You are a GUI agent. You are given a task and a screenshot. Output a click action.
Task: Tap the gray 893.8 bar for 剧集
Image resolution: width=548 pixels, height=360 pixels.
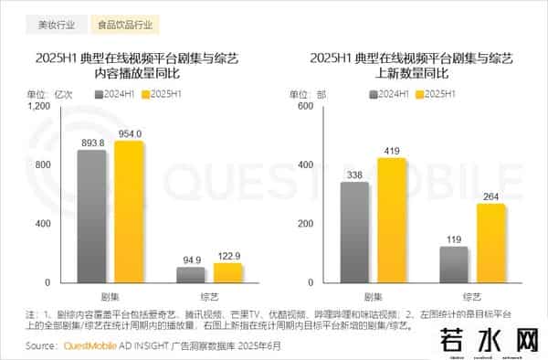[x=91, y=216]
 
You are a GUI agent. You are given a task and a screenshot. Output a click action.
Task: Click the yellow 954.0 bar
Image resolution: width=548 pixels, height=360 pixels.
[x=129, y=211]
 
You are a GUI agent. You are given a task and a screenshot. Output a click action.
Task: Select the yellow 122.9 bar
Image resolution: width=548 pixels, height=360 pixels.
[x=227, y=271]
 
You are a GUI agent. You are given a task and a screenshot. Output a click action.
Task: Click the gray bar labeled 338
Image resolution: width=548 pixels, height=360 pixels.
[x=355, y=232]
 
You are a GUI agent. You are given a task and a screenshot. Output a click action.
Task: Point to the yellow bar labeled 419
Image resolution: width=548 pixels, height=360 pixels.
[x=392, y=220]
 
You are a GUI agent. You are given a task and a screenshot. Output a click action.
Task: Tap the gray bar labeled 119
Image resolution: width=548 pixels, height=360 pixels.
[x=454, y=264]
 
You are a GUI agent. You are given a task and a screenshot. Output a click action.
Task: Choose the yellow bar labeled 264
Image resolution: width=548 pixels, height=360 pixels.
[x=490, y=243]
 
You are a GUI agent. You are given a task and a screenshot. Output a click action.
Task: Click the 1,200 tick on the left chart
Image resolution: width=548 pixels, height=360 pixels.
[x=39, y=107]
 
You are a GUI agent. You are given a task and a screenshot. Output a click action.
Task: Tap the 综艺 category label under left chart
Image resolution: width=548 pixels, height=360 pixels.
[x=209, y=297]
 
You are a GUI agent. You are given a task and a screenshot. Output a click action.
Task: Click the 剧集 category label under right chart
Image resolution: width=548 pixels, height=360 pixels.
[x=373, y=297]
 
